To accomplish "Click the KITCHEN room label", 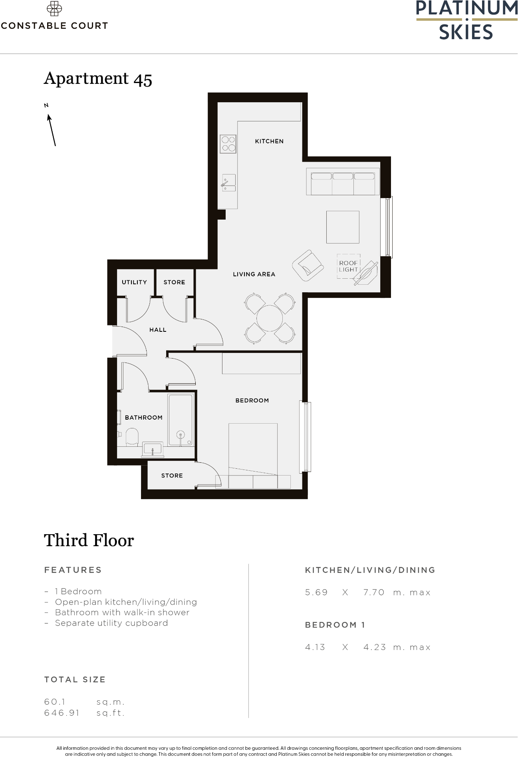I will (x=269, y=141).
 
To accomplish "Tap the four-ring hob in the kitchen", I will (x=228, y=144).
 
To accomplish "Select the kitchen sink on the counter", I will (x=229, y=183).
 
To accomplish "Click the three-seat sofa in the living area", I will (x=343, y=182).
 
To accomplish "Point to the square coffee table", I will (x=342, y=227).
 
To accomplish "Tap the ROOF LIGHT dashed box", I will (x=348, y=266).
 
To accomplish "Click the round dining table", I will (x=270, y=318).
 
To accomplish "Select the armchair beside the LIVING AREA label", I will (x=307, y=266).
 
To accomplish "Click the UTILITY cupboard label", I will (x=134, y=282).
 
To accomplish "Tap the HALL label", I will (x=158, y=330).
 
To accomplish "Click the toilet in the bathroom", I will (x=132, y=437).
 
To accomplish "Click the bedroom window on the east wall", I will (x=306, y=437).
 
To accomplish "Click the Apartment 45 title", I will (x=98, y=79).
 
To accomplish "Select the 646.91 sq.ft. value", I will (x=62, y=713).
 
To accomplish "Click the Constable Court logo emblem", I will (x=54, y=9).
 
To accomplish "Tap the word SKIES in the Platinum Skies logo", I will (x=466, y=32).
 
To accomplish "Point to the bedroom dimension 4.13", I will (x=315, y=647).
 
